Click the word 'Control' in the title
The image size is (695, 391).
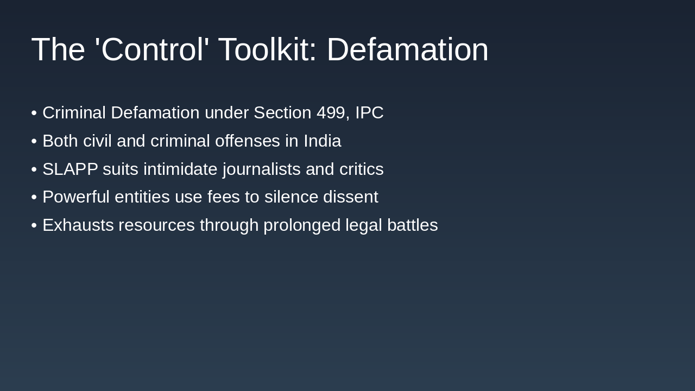pos(152,49)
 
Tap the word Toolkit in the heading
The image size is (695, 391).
pos(267,49)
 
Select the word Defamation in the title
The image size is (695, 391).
pos(407,49)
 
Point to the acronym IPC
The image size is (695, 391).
pos(369,113)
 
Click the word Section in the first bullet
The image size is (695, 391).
pos(282,113)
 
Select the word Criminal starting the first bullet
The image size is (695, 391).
pos(74,113)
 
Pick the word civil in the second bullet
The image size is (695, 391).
pos(97,141)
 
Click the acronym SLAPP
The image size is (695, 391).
pos(70,169)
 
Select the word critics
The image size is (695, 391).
pos(361,169)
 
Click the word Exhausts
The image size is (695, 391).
pos(78,225)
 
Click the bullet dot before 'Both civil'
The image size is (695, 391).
pos(34,141)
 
